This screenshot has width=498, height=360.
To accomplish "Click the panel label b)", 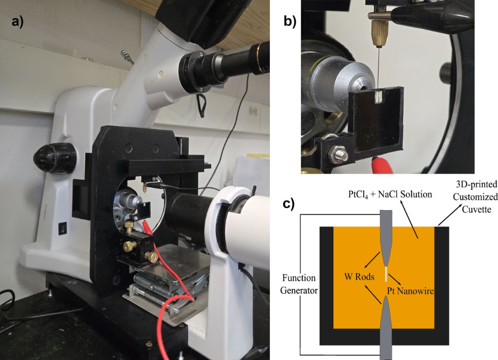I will pos(290,23).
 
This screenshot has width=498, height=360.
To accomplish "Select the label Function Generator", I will pos(299,285).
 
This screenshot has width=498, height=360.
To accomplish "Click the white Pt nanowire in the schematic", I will pos(387,274).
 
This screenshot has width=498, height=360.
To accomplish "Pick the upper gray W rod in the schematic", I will pos(387,234).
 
